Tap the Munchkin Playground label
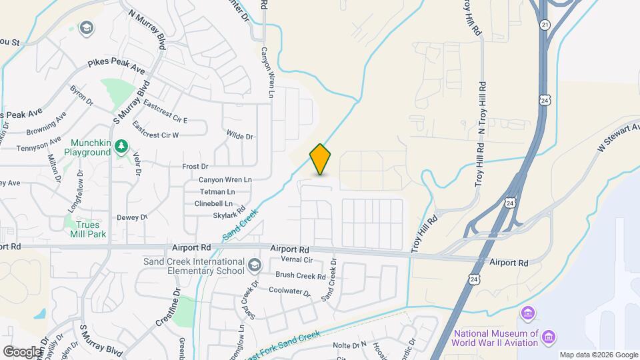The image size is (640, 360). click(x=87, y=148)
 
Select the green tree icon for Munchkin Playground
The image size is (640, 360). click(x=121, y=145)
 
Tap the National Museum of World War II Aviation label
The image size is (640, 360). click(x=497, y=338)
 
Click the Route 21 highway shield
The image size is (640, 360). click(x=545, y=24)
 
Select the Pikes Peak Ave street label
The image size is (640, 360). click(x=116, y=67)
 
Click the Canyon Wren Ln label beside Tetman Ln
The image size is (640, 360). click(x=225, y=180)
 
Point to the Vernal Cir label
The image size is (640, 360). click(x=297, y=259)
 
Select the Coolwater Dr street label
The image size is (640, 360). click(x=289, y=291)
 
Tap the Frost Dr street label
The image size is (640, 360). click(x=195, y=166)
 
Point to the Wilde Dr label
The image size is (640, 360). click(x=240, y=137)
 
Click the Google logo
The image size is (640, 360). click(x=22, y=351)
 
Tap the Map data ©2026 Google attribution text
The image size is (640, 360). click(x=598, y=355)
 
